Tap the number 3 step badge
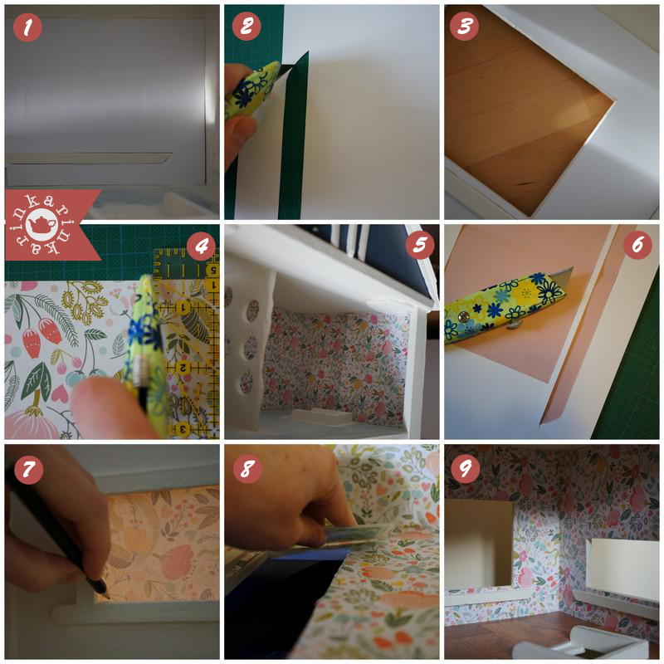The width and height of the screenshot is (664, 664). pos(465,27)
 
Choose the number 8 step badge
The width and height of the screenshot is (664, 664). pos(247,468)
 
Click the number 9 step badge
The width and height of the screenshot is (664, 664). pos(465,468)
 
